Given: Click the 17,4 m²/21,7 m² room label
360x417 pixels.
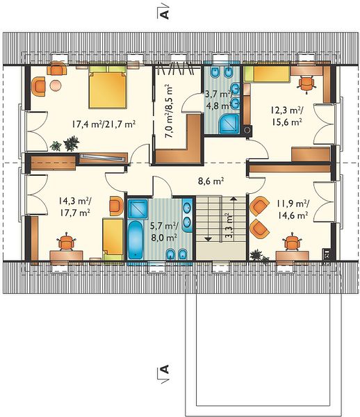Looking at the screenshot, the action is [104, 124].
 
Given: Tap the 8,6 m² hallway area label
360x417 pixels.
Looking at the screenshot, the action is [211, 181].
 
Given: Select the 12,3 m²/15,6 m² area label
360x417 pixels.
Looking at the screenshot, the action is [286, 116].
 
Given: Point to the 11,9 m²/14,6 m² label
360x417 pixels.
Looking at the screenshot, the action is [293, 210].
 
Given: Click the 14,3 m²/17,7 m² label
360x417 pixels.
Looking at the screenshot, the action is [74, 207].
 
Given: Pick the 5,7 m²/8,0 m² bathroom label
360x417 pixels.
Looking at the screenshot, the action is [164, 232].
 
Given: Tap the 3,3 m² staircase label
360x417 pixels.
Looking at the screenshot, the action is [229, 225].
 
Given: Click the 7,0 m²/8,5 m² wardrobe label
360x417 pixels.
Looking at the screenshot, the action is [169, 111].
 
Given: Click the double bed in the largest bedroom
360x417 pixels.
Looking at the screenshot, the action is [107, 87].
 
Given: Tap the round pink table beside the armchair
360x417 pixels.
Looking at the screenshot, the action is [56, 85].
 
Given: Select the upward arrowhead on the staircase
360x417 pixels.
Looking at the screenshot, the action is [234, 198].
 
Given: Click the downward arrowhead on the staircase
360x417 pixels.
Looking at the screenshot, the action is [208, 239].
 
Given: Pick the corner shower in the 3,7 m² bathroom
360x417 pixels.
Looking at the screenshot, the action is [230, 124].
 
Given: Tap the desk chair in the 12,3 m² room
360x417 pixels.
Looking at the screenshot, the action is [306, 83].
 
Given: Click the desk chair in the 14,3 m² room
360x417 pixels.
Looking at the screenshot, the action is [65, 242].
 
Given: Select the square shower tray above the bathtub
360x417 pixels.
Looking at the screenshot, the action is [138, 209].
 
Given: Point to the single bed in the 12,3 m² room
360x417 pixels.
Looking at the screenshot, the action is [267, 74].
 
